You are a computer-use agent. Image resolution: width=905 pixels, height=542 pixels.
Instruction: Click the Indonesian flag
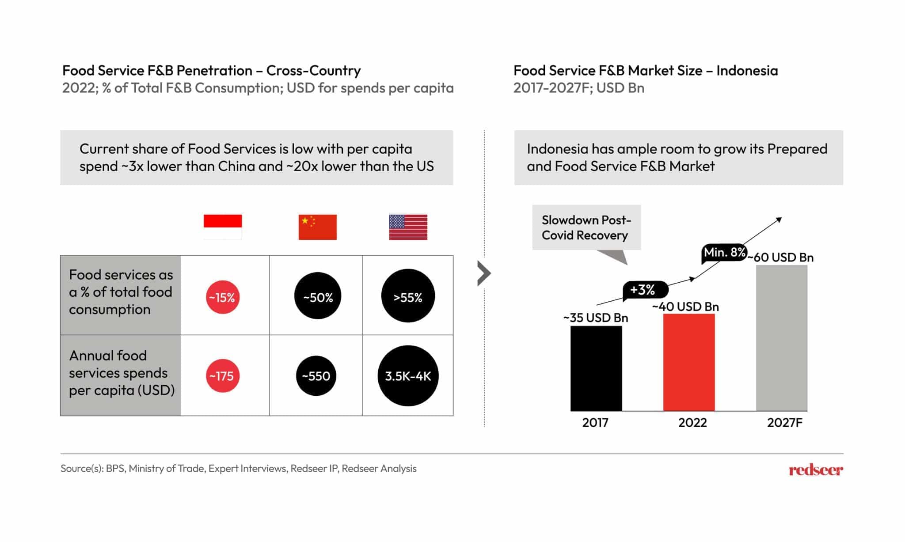tap(223, 227)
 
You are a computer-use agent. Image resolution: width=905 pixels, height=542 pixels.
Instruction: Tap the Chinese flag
tap(317, 227)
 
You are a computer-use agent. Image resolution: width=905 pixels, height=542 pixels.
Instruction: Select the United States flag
tap(408, 227)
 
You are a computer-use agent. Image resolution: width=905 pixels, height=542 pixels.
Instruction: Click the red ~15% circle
tap(223, 297)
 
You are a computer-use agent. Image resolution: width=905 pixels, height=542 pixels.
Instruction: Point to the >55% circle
tap(408, 296)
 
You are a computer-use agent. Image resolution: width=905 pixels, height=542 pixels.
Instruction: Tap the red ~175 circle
tap(223, 376)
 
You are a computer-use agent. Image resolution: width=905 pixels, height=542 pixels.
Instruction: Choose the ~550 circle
tap(316, 376)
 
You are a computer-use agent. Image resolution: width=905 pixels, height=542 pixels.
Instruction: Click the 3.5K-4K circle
tap(408, 376)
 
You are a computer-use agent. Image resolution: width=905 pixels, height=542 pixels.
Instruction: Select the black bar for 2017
tap(596, 368)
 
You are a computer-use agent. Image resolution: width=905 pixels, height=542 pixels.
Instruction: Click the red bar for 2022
tap(688, 362)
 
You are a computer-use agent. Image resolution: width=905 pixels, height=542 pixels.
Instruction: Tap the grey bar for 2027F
tap(781, 338)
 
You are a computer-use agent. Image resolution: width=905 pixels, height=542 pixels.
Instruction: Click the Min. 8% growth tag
tap(724, 253)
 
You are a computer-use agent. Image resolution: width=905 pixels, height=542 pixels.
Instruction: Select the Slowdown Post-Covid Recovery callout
tap(586, 227)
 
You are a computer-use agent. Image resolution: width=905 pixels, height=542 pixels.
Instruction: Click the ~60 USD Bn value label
tap(781, 258)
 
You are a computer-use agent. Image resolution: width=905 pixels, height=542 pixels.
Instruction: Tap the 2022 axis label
tap(692, 423)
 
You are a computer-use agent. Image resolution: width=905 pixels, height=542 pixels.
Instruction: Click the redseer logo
tap(815, 470)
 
